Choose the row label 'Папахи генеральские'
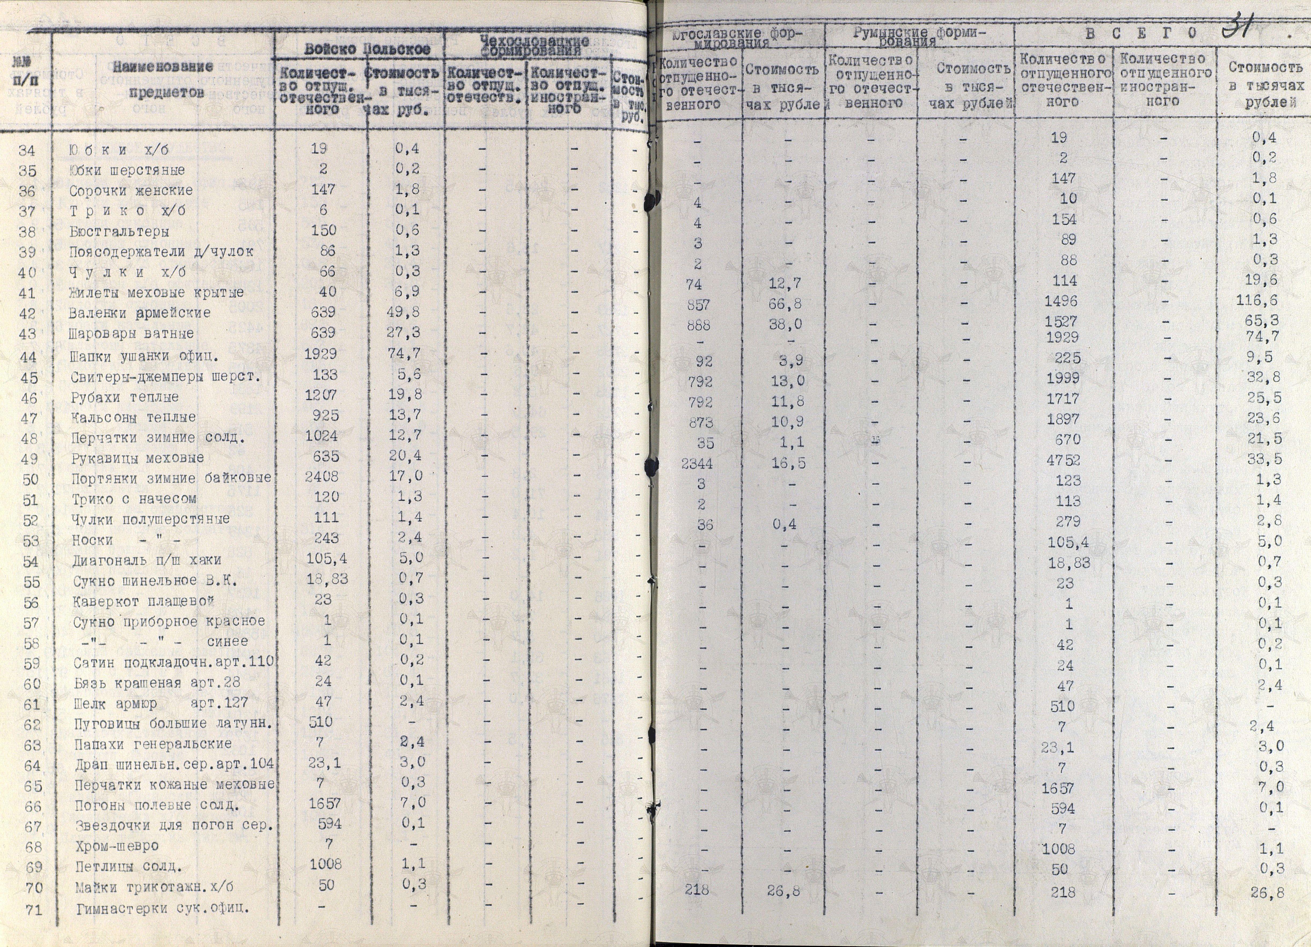pyautogui.click(x=153, y=744)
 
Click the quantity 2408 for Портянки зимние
pyautogui.click(x=322, y=477)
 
